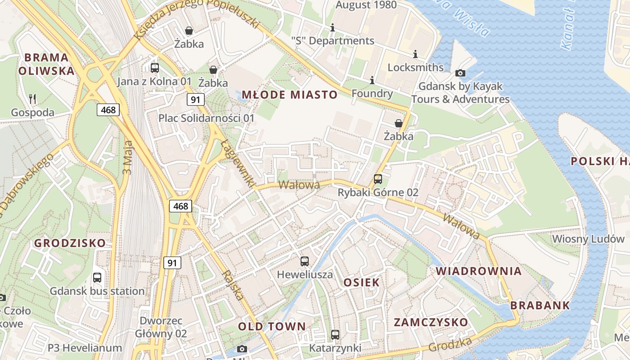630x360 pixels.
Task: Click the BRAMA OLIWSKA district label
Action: click(x=46, y=64)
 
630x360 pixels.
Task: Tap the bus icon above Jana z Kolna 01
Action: click(x=155, y=68)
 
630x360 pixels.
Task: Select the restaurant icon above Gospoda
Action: click(x=32, y=99)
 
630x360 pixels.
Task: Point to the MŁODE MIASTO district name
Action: click(x=290, y=94)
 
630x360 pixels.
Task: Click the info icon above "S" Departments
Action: click(x=333, y=27)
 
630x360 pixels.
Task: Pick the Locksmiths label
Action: click(x=415, y=67)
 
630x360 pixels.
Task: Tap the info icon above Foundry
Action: click(x=372, y=81)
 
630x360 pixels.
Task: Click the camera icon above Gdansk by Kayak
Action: click(x=460, y=73)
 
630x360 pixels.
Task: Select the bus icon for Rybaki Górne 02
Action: click(x=378, y=179)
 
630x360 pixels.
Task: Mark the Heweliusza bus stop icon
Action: click(x=305, y=261)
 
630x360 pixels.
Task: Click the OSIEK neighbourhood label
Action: click(x=361, y=283)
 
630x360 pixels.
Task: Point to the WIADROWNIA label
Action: click(x=479, y=271)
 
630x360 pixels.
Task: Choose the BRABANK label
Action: click(x=540, y=306)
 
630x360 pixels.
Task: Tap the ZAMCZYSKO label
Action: click(x=431, y=322)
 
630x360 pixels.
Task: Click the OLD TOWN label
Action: click(x=272, y=326)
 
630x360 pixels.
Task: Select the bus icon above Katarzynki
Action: click(x=335, y=334)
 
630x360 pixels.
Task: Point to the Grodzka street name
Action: click(x=450, y=344)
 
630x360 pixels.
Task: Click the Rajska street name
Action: click(x=234, y=285)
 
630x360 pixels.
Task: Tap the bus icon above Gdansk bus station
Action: click(x=97, y=277)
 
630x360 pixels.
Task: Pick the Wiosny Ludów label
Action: click(x=588, y=238)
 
